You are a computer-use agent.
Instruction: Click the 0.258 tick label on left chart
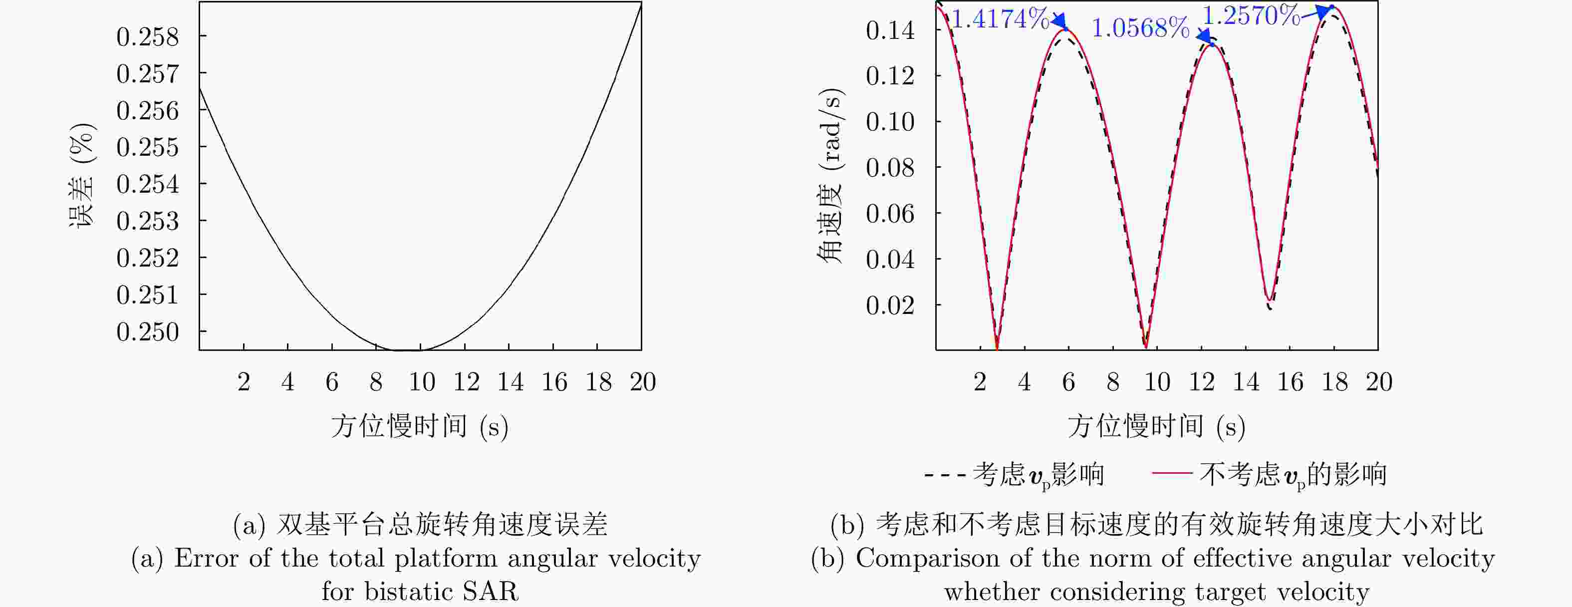click(x=148, y=37)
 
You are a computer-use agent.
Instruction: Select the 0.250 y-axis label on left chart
click(x=148, y=332)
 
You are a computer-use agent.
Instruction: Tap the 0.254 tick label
click(x=148, y=184)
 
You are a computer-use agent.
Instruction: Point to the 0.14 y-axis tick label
click(x=890, y=30)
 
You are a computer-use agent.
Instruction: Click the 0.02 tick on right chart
click(x=890, y=304)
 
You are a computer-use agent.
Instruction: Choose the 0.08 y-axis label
click(x=890, y=167)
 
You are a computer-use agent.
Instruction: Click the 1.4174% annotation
click(x=1000, y=19)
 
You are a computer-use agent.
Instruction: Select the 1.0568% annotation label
click(x=1140, y=28)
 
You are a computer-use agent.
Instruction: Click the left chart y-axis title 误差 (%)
click(x=82, y=175)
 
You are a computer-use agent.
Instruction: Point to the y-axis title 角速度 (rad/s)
click(x=830, y=176)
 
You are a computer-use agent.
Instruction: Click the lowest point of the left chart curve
click(x=408, y=350)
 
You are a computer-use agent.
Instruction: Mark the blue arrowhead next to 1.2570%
click(x=1322, y=10)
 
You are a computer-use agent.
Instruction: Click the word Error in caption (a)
click(x=206, y=558)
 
